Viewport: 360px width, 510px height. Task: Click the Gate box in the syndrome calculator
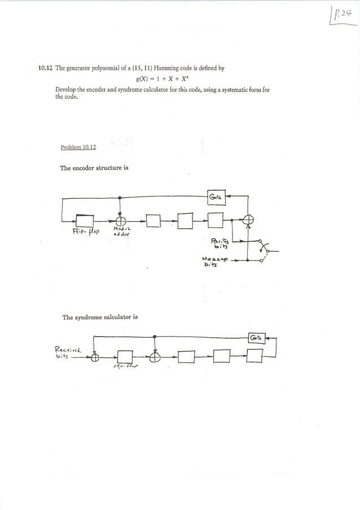click(x=256, y=338)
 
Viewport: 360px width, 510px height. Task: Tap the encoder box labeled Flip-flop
click(x=85, y=221)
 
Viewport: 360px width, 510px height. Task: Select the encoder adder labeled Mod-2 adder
click(x=121, y=221)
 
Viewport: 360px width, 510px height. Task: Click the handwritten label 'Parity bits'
click(x=217, y=242)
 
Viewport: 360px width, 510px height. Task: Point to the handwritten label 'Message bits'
click(x=213, y=262)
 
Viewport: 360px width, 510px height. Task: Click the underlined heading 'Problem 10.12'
click(x=78, y=147)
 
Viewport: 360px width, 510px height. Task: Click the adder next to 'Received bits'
click(x=95, y=357)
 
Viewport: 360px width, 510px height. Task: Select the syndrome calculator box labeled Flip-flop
click(x=125, y=357)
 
